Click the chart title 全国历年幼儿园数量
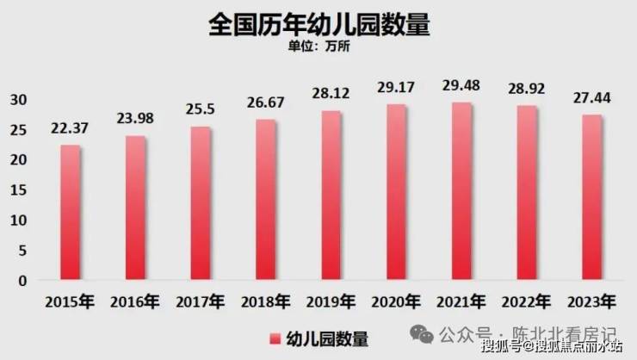pos(318,23)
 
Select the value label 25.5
pos(201,109)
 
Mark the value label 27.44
pos(593,97)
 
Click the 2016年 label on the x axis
pos(136,302)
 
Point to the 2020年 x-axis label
pos(397,302)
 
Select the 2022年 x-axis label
pos(528,302)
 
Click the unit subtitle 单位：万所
pos(318,47)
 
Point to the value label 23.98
pos(136,118)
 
